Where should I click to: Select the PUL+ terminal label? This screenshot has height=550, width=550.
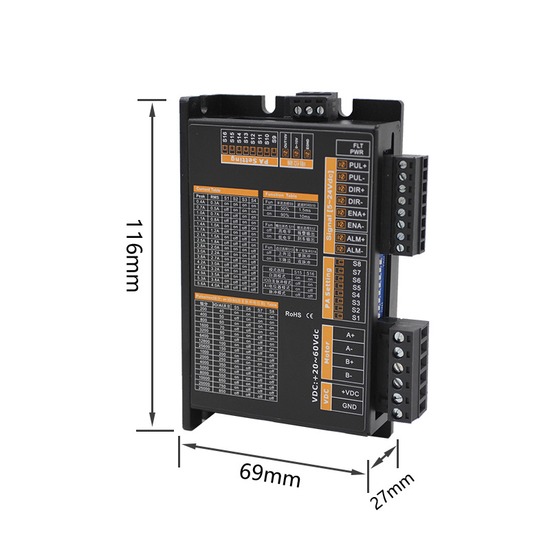(358, 166)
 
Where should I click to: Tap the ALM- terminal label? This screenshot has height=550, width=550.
(357, 250)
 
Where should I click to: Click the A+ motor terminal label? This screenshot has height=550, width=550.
(350, 335)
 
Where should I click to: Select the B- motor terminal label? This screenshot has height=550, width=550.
(349, 375)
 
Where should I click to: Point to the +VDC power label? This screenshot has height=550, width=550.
(350, 393)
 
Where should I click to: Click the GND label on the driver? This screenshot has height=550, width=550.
(349, 406)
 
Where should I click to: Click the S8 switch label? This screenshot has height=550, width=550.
(356, 264)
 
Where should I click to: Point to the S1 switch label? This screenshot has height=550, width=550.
(355, 318)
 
